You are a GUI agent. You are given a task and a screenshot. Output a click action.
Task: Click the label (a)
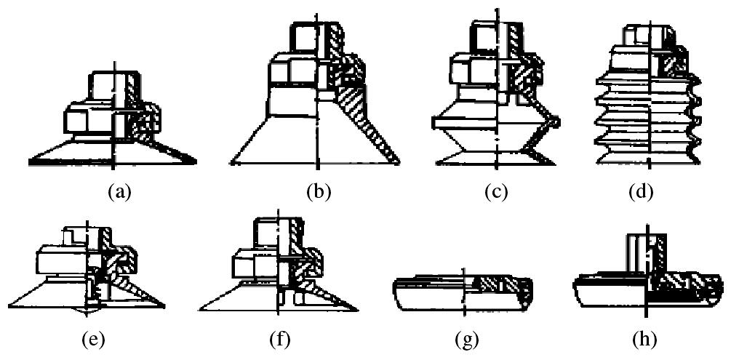119,193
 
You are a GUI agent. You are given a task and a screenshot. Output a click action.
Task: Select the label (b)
319,193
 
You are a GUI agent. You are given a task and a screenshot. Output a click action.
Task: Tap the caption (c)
496,193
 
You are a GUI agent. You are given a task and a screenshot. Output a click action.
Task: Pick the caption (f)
279,338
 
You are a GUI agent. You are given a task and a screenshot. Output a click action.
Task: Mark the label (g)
463,338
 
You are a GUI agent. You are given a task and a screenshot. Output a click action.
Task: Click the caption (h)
646,338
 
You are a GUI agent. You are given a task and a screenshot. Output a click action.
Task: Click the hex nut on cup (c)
474,71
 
